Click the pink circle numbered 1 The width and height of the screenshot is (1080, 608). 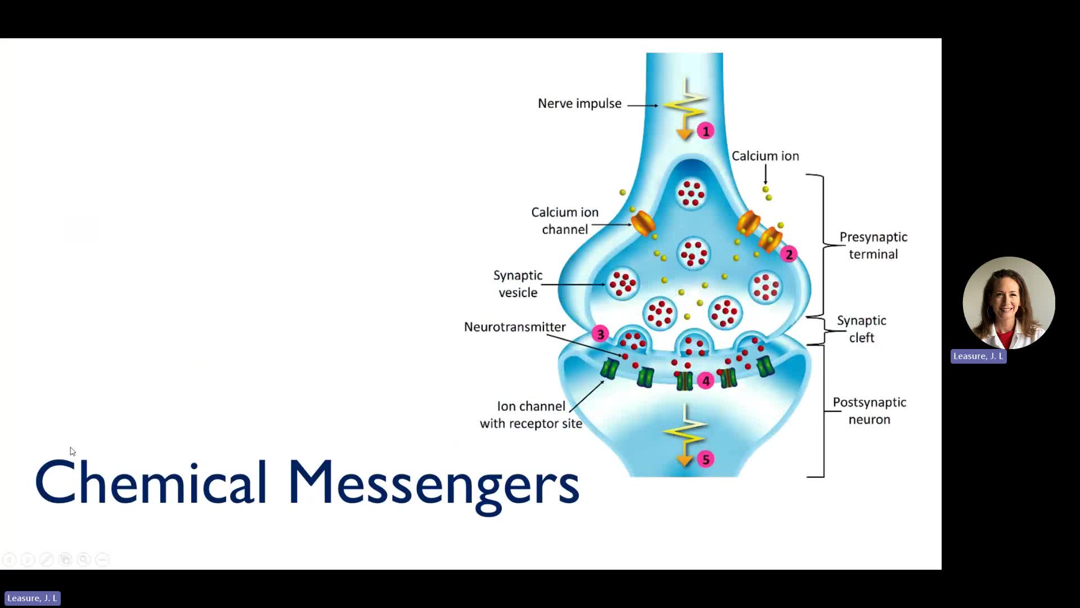[x=705, y=131]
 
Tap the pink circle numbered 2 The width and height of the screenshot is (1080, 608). [x=789, y=254]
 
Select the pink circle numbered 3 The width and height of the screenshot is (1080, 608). [x=600, y=334]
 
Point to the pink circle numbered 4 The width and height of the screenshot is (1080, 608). [x=705, y=381]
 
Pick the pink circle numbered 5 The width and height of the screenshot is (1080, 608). [x=705, y=459]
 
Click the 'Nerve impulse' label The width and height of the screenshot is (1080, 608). [x=579, y=104]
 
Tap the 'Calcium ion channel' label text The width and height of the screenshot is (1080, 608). [x=565, y=221]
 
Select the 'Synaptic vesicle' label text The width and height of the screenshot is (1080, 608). [x=517, y=284]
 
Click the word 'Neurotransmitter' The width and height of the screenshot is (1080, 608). [x=515, y=327]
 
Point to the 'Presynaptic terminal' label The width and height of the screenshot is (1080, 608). [x=873, y=245]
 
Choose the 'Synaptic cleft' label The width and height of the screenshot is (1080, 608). [x=861, y=329]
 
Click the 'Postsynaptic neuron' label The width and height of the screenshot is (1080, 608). [x=869, y=411]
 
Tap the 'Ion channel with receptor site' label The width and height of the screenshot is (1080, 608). [x=530, y=415]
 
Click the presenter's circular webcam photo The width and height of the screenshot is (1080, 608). [x=1009, y=303]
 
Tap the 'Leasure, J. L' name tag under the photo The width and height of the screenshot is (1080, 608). [x=978, y=356]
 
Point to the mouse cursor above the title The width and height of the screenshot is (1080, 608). [x=73, y=451]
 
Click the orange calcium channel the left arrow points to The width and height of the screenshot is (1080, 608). [x=643, y=223]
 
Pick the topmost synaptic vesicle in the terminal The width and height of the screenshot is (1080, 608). [x=691, y=194]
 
